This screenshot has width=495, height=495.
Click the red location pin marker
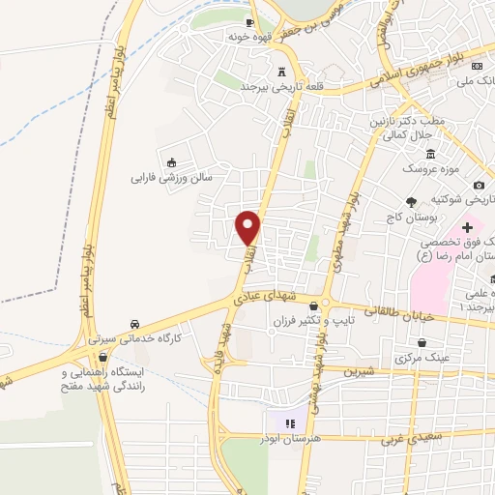click(249, 226)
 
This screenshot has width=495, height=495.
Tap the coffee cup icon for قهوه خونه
click(249, 22)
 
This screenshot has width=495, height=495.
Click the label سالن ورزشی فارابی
click(171, 178)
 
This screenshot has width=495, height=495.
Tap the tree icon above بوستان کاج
click(411, 201)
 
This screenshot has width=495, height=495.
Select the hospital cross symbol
click(467, 226)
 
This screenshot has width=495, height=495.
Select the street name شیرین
click(358, 370)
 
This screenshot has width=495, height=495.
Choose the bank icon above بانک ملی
click(478, 66)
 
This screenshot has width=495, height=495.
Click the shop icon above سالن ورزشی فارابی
click(172, 162)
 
